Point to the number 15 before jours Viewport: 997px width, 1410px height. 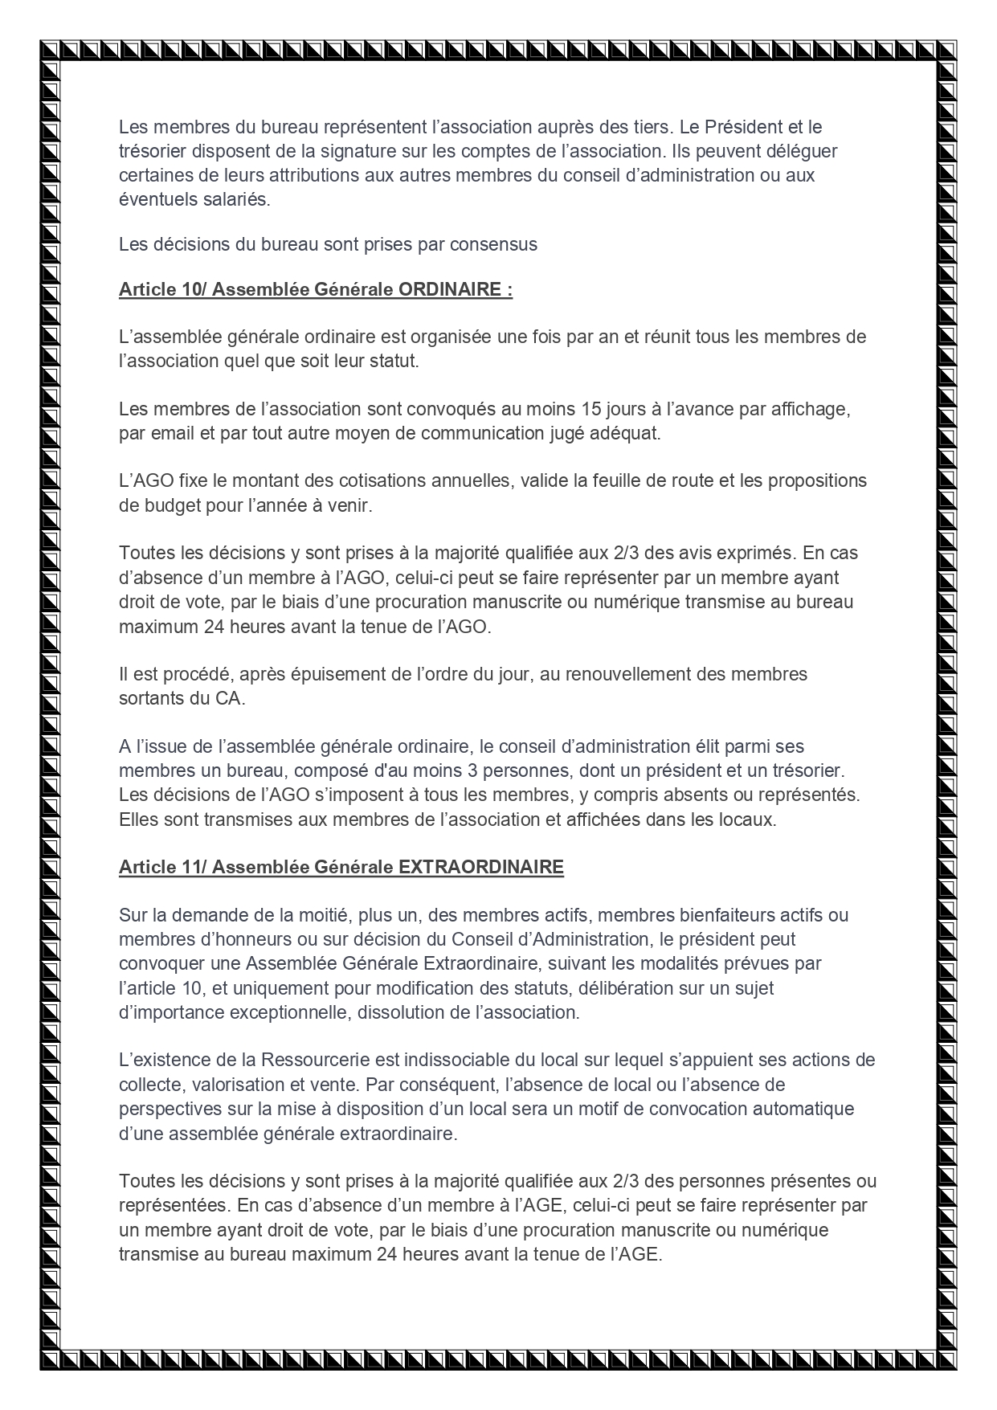590,409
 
